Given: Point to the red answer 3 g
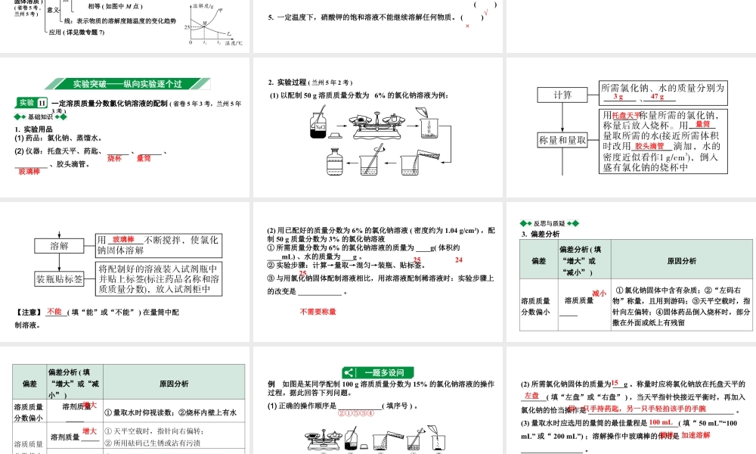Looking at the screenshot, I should (x=618, y=97).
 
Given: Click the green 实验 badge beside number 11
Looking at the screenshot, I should (x=27, y=103).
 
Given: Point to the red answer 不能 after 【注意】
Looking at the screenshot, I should (x=54, y=311).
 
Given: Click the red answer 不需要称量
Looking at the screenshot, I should (x=318, y=311).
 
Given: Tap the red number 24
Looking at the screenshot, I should (x=458, y=260).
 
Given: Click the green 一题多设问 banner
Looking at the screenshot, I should (x=378, y=372).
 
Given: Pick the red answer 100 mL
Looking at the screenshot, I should (x=661, y=422).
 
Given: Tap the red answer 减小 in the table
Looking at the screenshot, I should (x=599, y=293).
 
